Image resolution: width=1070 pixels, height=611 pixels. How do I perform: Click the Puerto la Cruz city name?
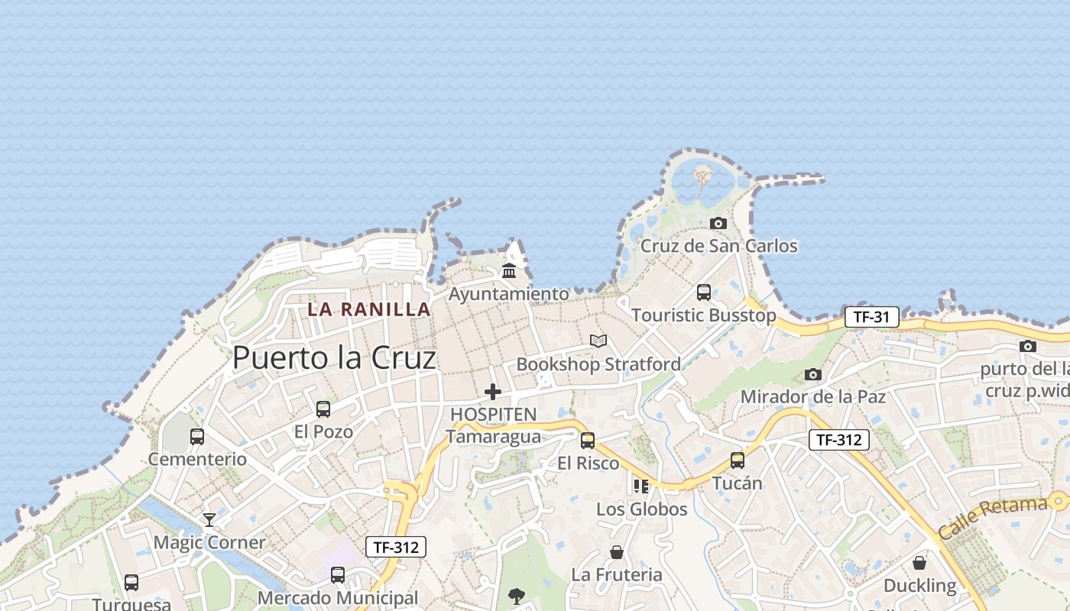pos(334,357)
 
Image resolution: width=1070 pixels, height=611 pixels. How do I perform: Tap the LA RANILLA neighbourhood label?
pos(369,309)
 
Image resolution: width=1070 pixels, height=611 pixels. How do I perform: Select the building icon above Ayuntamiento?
pos(509,270)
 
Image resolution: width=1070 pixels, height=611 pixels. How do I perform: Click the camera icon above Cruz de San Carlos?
pos(718,223)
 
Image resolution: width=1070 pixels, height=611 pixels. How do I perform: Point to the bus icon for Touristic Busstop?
pos(704,293)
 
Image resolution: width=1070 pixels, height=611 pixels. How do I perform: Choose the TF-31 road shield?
pos(871,317)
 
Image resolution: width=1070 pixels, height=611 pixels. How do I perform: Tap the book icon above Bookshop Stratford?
pos(598,341)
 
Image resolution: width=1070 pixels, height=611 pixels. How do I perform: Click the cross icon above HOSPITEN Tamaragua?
pos(493,392)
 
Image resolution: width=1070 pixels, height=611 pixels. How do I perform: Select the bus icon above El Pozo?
pos(323,409)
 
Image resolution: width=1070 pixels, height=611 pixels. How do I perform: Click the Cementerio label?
pos(197,459)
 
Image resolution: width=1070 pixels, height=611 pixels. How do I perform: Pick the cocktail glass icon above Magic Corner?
pos(209,520)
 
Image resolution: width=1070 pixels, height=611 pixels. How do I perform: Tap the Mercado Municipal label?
pos(338,598)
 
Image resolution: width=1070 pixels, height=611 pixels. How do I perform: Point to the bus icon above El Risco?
pos(588,441)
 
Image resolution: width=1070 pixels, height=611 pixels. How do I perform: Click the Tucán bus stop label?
pos(738,483)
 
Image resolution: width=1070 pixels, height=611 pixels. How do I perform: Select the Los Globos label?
pos(642,509)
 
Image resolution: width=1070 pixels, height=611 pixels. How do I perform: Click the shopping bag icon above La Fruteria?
pos(617,551)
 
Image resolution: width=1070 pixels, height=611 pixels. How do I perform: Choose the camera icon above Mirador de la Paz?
pos(813,374)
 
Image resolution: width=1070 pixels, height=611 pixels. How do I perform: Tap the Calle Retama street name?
pos(992,516)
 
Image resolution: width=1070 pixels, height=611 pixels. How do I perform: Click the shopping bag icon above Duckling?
pos(919,563)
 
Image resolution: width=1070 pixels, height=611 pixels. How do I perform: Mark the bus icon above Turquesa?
pos(131,583)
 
